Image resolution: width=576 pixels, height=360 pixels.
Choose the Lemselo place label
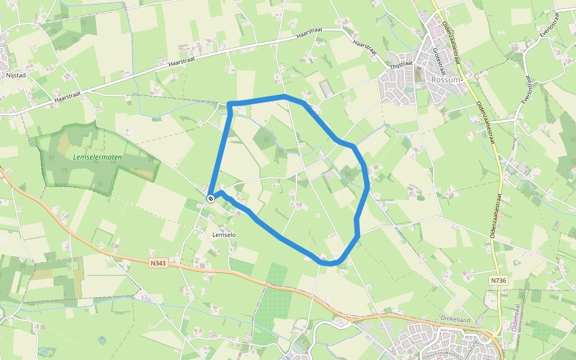tap(224, 235)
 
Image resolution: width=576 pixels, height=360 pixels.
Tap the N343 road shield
tap(157, 262)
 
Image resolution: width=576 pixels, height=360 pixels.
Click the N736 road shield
tap(497, 280)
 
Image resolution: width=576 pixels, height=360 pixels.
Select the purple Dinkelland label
tap(455, 320)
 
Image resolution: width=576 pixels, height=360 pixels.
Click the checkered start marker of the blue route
tap(211, 199)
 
